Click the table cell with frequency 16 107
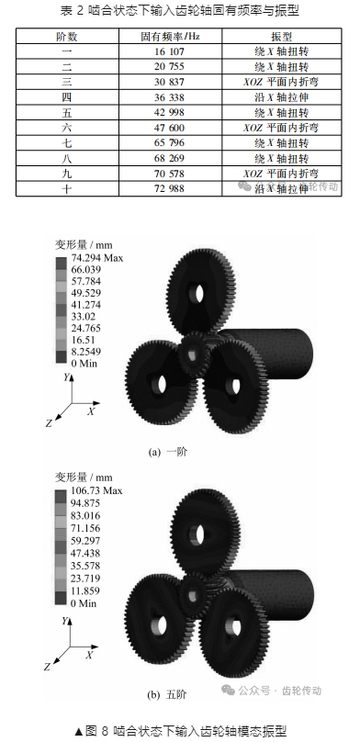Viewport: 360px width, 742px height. tap(169, 51)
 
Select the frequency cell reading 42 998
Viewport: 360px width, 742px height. tap(169, 113)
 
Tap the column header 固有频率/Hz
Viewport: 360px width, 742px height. tap(169, 37)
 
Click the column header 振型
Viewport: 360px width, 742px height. tap(281, 37)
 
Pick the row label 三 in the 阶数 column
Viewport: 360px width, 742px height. tap(67, 82)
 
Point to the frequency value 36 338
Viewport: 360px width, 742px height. tap(169, 97)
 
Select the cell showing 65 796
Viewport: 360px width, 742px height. tap(169, 143)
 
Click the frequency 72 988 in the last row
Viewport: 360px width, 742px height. tap(169, 189)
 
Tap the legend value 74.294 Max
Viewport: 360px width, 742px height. tap(97, 258)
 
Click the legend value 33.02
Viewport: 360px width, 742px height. tap(83, 317)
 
